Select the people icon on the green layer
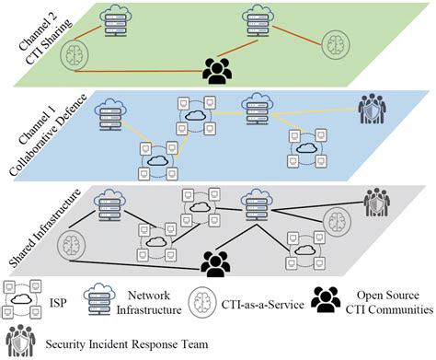[x=216, y=70]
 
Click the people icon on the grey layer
[x=215, y=262]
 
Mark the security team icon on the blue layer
[x=373, y=109]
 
